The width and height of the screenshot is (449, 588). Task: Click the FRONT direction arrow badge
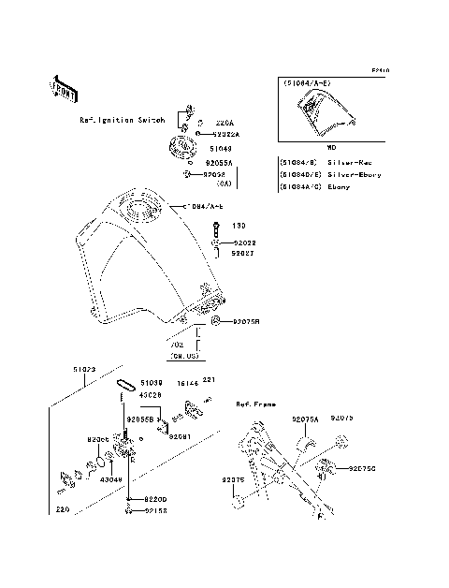(x=64, y=89)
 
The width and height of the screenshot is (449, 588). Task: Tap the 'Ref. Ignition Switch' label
(x=123, y=121)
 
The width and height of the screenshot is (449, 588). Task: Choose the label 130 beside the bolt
(x=239, y=226)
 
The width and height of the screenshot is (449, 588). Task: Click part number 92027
(x=243, y=253)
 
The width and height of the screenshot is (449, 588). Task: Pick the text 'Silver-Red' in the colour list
(x=347, y=160)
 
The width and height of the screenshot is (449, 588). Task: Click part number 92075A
(x=305, y=420)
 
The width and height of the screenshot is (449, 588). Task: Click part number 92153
(x=156, y=511)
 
